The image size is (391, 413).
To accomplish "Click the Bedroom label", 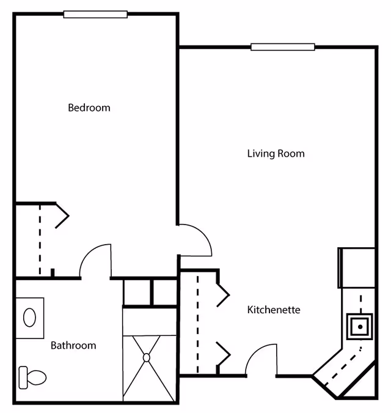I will pyautogui.click(x=89, y=108).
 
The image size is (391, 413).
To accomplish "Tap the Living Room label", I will pyautogui.click(x=276, y=153).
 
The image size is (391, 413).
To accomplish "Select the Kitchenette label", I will pyautogui.click(x=274, y=310).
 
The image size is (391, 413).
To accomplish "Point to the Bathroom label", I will pyautogui.click(x=73, y=345).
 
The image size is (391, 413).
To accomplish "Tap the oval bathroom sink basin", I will pyautogui.click(x=29, y=317).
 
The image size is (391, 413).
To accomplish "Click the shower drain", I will pyautogui.click(x=147, y=357).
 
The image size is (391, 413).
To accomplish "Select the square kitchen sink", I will pyautogui.click(x=360, y=327).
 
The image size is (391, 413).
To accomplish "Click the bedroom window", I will pyautogui.click(x=96, y=14).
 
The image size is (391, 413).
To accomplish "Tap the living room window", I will pyautogui.click(x=282, y=47).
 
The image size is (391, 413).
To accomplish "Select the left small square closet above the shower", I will pyautogui.click(x=137, y=292).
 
